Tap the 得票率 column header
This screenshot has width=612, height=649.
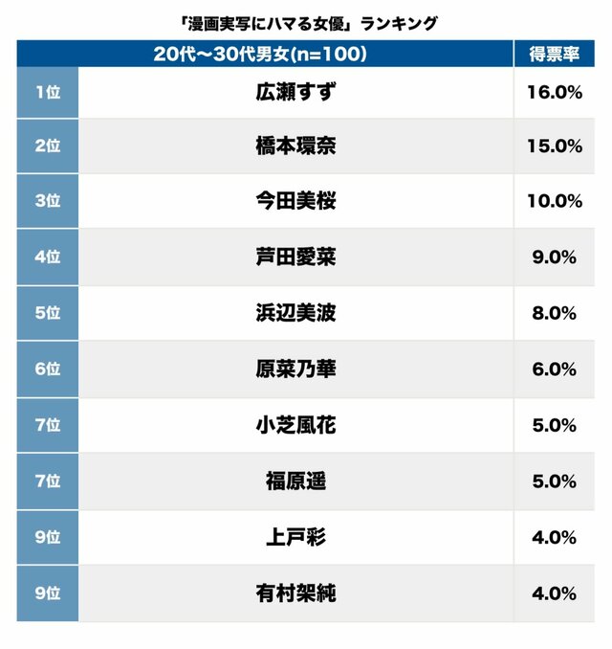coord(554,55)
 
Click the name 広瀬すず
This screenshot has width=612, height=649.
coord(295,92)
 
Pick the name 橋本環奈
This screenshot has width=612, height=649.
coord(295,146)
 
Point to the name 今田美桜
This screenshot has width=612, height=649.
coord(295,202)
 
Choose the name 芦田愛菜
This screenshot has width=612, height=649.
coord(295,257)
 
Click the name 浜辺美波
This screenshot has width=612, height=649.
coord(295,313)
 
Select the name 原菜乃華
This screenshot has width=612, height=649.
coord(295,369)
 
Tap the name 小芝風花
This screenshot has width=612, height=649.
coord(295,425)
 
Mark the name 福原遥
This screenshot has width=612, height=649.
coord(295,481)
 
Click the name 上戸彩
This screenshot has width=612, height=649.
coord(295,537)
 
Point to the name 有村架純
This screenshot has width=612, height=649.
coord(295,593)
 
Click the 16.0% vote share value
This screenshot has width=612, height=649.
coord(554,92)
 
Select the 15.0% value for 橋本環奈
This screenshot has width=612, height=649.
coord(554,146)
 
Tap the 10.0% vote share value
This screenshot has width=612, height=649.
coord(554,202)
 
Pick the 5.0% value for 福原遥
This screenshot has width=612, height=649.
coord(554,481)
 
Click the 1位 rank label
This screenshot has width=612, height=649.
coord(47,92)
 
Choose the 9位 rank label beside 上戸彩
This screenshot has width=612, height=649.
coord(47,537)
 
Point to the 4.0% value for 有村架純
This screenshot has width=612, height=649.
coord(554,593)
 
